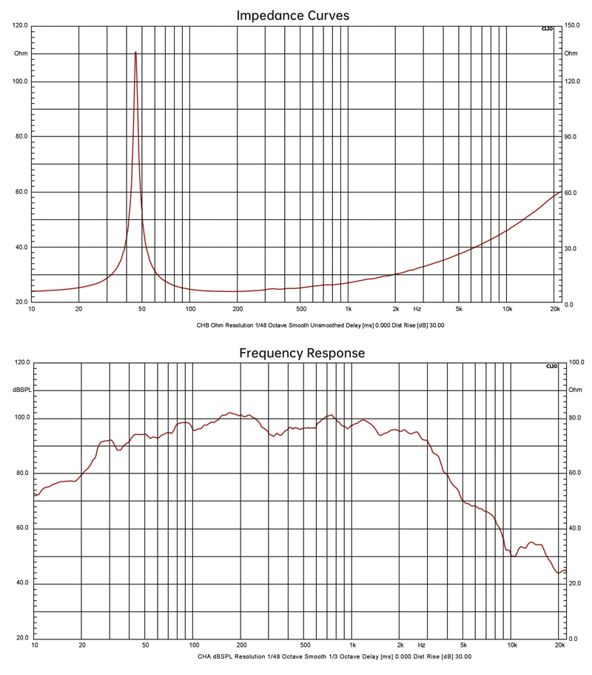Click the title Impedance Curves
(292, 15)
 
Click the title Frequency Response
(302, 353)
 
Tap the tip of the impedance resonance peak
(135, 52)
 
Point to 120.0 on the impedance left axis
(21, 26)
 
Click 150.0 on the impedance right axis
(571, 26)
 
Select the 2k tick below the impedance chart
(395, 308)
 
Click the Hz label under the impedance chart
(417, 308)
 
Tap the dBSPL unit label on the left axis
(20, 390)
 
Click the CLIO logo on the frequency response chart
(551, 366)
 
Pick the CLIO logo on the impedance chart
(547, 29)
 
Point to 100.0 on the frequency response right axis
(576, 363)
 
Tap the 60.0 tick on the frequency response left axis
(21, 528)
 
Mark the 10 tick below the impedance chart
(32, 308)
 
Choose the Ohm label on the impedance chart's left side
(20, 53)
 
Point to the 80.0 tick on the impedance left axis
(21, 137)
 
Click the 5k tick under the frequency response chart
(463, 645)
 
